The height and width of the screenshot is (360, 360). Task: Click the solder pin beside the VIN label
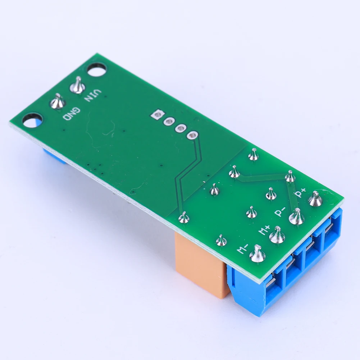click(x=77, y=86)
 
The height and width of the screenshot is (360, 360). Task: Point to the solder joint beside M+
click(x=277, y=236)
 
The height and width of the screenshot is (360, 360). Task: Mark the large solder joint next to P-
click(x=297, y=217)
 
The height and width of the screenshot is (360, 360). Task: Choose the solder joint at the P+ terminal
click(x=315, y=200)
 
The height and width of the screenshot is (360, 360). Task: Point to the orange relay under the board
click(x=201, y=264)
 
